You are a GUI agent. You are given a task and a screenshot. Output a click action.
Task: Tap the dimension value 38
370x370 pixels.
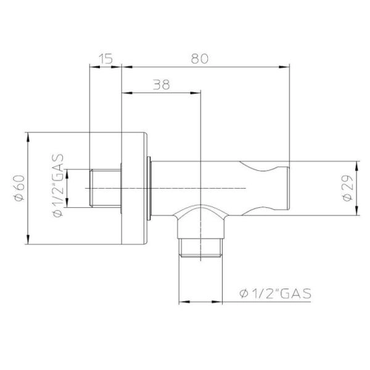point(161,85)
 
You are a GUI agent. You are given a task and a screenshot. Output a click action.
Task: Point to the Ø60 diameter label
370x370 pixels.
point(18,187)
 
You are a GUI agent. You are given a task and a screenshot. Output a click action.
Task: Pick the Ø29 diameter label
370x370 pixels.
point(347,188)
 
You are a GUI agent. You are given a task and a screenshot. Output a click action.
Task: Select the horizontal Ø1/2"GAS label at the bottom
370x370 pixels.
point(274,292)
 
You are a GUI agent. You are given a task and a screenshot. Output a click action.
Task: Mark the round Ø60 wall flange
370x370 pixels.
point(136,188)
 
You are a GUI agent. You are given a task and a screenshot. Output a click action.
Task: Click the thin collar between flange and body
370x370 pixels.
point(150,188)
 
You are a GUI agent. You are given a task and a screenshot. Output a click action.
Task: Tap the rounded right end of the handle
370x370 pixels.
point(285,188)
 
